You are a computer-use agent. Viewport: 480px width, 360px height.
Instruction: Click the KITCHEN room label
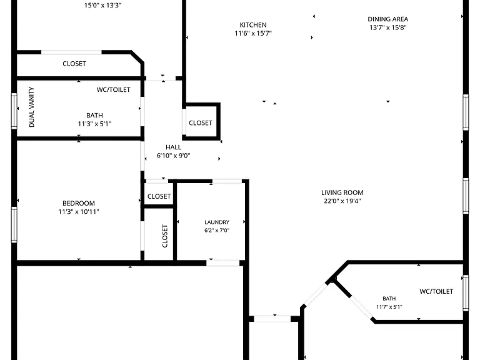click(x=253, y=25)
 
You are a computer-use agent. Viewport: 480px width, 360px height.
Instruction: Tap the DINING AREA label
click(x=388, y=19)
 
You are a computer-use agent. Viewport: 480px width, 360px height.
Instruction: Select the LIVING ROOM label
click(x=342, y=192)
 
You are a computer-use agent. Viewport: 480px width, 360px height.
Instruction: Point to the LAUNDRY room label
click(x=217, y=222)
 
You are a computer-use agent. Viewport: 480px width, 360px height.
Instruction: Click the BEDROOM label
click(x=79, y=203)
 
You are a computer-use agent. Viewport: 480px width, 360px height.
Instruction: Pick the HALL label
click(x=173, y=147)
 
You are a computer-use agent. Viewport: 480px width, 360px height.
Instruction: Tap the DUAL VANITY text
click(x=31, y=107)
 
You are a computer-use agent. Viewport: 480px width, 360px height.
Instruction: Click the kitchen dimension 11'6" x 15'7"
click(x=253, y=33)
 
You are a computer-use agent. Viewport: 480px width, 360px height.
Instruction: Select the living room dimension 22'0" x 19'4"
click(x=342, y=201)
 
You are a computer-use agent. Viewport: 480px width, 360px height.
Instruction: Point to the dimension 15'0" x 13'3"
click(x=103, y=5)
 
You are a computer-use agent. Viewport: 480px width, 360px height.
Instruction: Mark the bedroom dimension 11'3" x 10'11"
click(x=79, y=211)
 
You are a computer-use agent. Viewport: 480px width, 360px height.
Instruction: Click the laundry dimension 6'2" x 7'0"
click(x=217, y=230)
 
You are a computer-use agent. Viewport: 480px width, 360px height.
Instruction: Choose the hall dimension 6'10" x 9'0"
click(x=173, y=156)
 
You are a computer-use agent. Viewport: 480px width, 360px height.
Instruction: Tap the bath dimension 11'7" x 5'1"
click(x=389, y=307)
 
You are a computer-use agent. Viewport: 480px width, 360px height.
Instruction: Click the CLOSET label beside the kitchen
click(x=201, y=123)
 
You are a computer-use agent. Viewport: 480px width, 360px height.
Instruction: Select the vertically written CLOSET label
click(x=165, y=236)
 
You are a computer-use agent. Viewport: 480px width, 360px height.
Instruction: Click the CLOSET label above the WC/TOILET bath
click(x=74, y=64)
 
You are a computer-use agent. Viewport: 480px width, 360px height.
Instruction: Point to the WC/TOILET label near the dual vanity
click(x=114, y=90)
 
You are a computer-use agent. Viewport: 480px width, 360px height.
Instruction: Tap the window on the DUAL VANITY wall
click(x=14, y=111)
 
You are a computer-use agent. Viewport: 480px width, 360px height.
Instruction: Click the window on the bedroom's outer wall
click(x=14, y=225)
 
